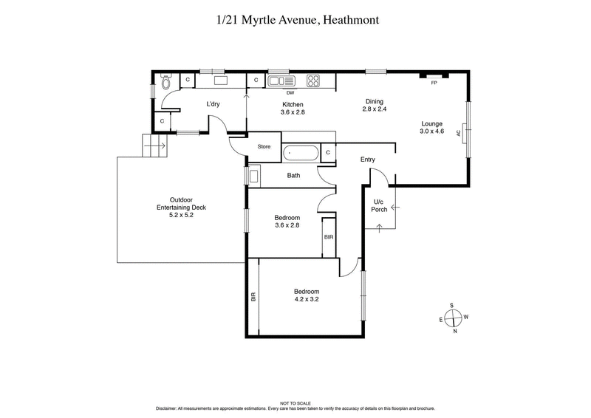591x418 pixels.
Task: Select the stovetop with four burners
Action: pyautogui.click(x=312, y=80)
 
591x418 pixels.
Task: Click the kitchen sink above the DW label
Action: pyautogui.click(x=278, y=81)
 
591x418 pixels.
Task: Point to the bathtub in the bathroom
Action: pyautogui.click(x=301, y=154)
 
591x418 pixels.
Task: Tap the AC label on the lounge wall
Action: pyautogui.click(x=459, y=133)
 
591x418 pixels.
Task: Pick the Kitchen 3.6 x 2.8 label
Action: pyautogui.click(x=292, y=109)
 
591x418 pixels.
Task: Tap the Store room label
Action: pyautogui.click(x=264, y=146)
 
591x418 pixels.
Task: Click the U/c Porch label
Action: pyautogui.click(x=379, y=206)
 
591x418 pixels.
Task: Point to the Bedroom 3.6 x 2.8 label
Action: pyautogui.click(x=287, y=222)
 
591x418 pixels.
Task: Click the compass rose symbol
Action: pyautogui.click(x=454, y=318)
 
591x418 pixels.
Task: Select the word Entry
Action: pyautogui.click(x=368, y=160)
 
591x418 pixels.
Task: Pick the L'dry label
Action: pyautogui.click(x=214, y=103)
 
